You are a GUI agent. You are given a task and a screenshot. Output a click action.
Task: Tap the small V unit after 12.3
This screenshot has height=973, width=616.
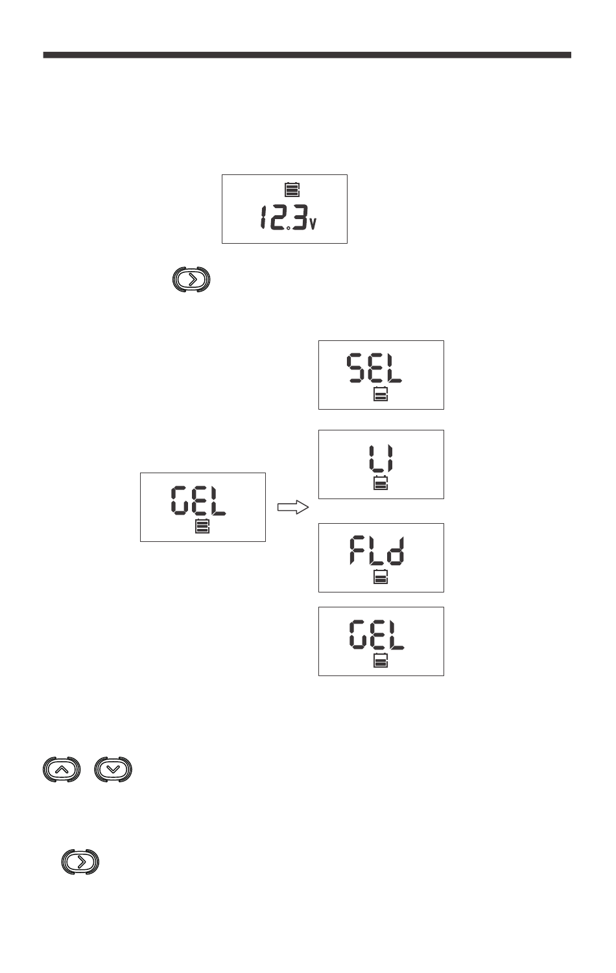[x=313, y=223]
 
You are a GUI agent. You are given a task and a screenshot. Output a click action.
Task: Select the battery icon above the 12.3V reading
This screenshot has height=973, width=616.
[x=292, y=190]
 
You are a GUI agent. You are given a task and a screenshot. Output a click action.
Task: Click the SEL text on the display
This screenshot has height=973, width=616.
[x=374, y=368]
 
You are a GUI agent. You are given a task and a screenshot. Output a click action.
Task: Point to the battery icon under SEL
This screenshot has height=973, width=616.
[x=381, y=394]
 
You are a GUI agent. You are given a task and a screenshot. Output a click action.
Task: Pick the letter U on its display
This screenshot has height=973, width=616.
[x=381, y=458]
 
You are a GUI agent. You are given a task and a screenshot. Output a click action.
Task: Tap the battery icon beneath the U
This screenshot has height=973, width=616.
[x=381, y=482]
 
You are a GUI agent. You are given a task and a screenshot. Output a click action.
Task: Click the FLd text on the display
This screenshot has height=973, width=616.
[x=377, y=550]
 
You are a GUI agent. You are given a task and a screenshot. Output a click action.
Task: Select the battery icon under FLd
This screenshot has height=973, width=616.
[x=381, y=576]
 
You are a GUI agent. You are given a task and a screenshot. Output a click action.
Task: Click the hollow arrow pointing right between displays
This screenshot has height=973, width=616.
[x=293, y=507]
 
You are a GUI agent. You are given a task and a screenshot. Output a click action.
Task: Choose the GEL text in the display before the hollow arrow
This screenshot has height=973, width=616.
[x=198, y=501]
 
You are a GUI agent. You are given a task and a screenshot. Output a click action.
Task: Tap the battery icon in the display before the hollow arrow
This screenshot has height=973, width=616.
[x=202, y=526]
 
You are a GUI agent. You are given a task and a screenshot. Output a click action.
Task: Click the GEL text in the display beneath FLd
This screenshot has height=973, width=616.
[x=377, y=635]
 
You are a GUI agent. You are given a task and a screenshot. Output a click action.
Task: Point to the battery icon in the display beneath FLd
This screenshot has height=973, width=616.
[x=381, y=661]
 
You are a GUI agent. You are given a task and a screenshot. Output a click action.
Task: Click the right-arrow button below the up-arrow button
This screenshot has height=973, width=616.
[x=80, y=862]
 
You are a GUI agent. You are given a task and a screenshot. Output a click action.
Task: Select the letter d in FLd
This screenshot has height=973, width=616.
[x=396, y=550]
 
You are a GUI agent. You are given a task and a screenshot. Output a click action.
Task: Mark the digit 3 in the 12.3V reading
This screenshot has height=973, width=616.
[x=300, y=217]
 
